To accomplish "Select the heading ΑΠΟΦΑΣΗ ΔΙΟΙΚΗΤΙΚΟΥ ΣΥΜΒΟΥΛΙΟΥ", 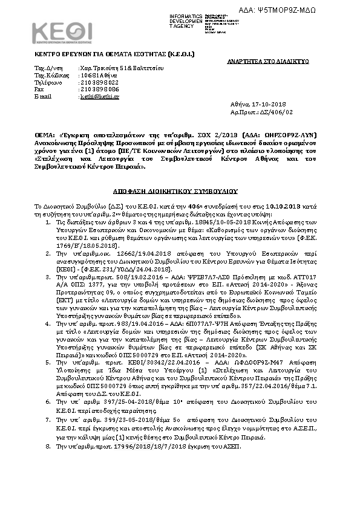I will [180, 189].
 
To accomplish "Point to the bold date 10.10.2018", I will [232, 206].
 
